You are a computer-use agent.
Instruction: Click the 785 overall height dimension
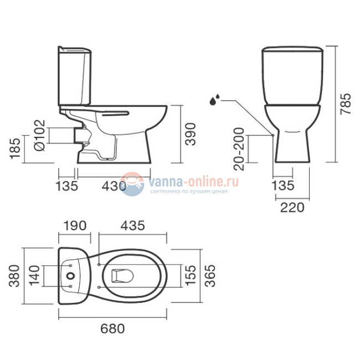(x=346, y=104)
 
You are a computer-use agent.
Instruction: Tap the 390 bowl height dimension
(x=191, y=135)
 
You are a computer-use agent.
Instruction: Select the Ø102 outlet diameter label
(x=40, y=136)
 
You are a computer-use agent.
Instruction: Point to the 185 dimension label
(x=15, y=148)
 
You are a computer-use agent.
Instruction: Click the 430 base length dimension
(x=114, y=186)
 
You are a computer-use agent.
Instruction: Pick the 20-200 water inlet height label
(x=239, y=149)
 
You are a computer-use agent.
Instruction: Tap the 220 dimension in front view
(x=292, y=207)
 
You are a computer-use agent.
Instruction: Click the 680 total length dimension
(x=112, y=328)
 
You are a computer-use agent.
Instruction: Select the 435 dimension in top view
(x=133, y=225)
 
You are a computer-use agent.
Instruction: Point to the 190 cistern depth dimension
(x=75, y=225)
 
